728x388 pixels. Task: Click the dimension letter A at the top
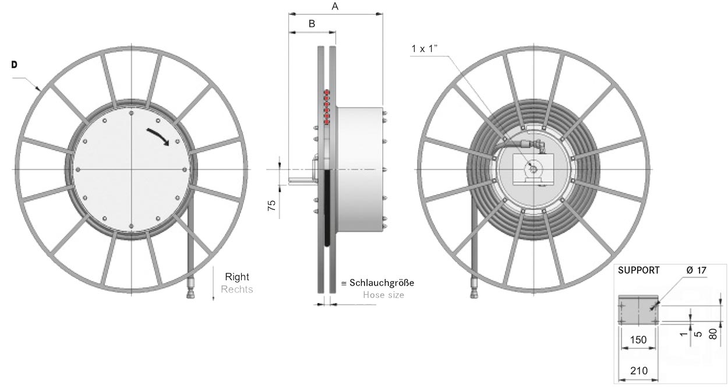[x=335, y=6]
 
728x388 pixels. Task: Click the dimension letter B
[x=312, y=23]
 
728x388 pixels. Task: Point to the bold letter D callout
[x=14, y=65]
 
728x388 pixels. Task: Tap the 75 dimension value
[x=272, y=205]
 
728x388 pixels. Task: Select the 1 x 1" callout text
[x=425, y=49]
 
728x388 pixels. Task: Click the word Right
[x=237, y=277]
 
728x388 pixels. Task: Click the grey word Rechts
[x=237, y=289]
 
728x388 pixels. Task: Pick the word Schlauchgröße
[x=381, y=283]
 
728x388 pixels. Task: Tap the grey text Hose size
[x=383, y=295]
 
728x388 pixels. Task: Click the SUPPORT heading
[x=639, y=270]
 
